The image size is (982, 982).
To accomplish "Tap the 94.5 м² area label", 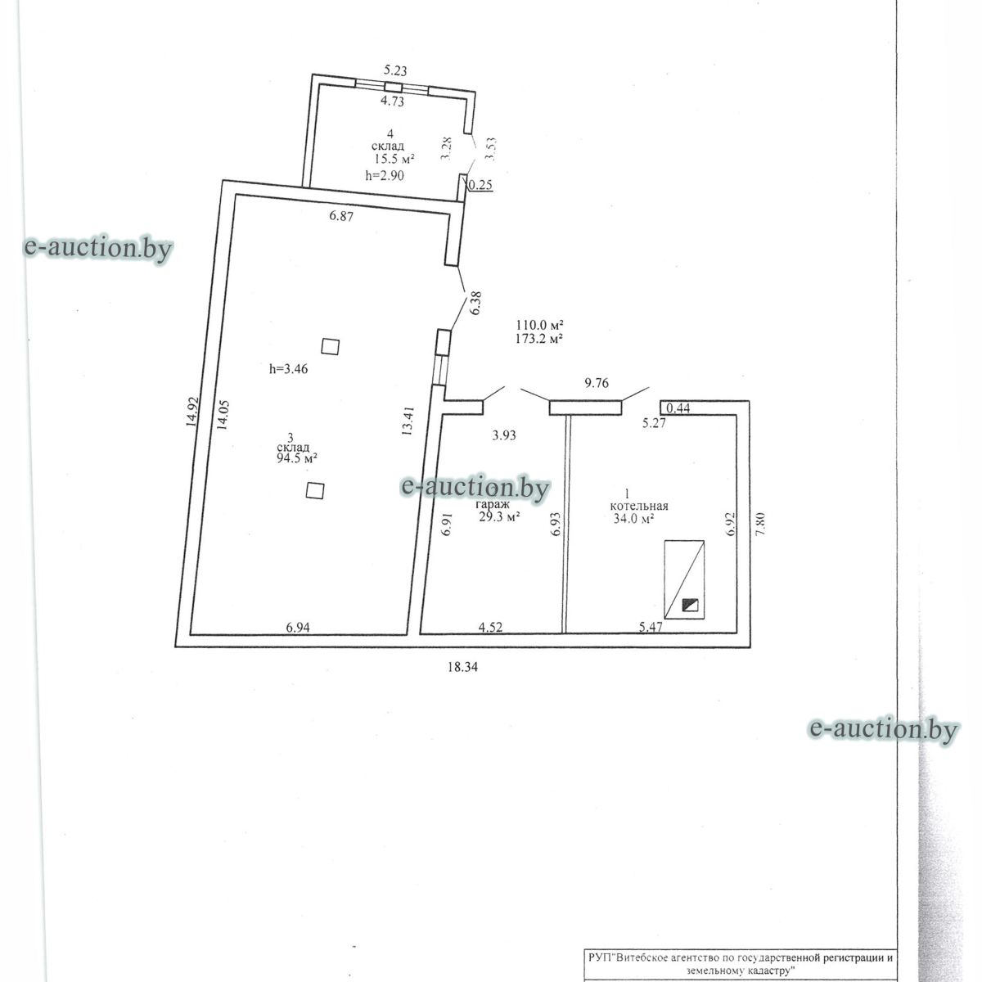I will [297, 459].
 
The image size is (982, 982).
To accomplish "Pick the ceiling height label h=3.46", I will [288, 369].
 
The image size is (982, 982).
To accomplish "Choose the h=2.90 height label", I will [385, 175].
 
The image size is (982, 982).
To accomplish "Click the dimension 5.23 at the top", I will [399, 72].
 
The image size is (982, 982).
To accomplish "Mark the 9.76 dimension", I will [597, 381].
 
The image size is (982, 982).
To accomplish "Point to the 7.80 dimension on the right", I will [761, 524].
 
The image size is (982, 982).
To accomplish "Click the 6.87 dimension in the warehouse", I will [343, 216].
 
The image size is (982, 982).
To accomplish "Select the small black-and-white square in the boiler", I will [691, 606].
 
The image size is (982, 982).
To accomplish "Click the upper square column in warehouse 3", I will [330, 346].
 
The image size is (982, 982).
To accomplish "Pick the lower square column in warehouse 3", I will [315, 490].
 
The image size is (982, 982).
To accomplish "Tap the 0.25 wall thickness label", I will [480, 185].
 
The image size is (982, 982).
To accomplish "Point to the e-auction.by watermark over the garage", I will [474, 488].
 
